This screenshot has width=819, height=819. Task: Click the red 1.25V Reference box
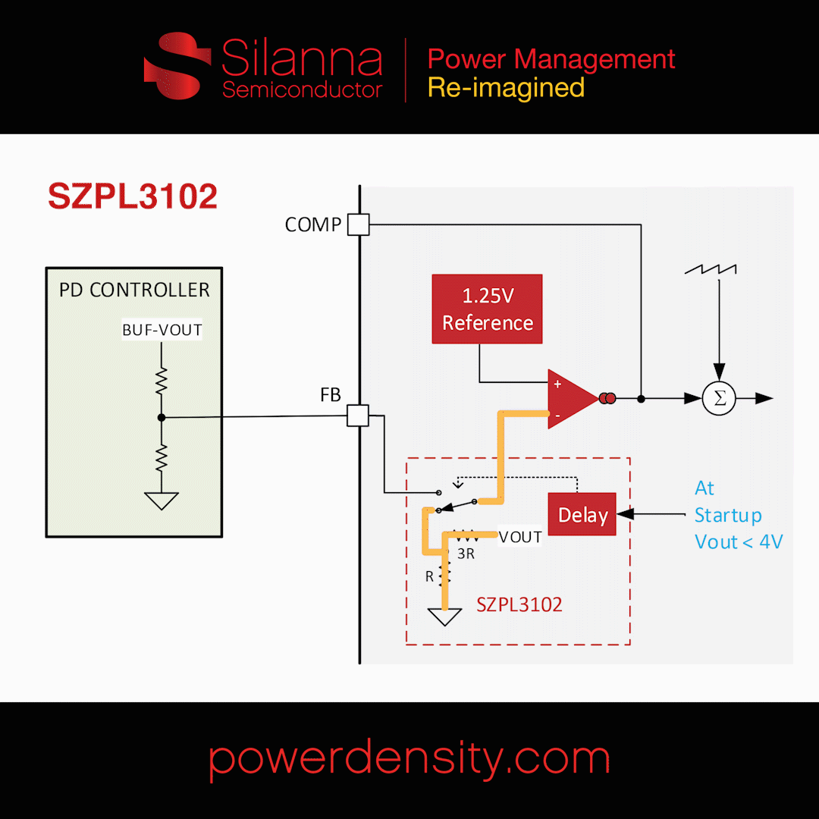(487, 309)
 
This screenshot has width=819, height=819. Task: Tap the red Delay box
(582, 515)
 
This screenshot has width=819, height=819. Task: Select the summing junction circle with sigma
(719, 399)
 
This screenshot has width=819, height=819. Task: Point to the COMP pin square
(358, 224)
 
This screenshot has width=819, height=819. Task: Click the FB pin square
(357, 416)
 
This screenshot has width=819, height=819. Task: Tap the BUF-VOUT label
(162, 330)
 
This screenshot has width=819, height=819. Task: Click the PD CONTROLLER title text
(134, 290)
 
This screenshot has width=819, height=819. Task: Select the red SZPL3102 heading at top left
(133, 197)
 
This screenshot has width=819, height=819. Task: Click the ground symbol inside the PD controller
(162, 500)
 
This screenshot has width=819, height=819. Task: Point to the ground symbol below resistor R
(444, 617)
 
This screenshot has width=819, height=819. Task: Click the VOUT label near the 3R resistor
(520, 537)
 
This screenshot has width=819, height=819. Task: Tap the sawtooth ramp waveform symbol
(711, 269)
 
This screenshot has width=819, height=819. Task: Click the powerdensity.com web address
(409, 758)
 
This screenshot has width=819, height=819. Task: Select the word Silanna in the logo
(302, 61)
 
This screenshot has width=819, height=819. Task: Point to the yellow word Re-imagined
(506, 88)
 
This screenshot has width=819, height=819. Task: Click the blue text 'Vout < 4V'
(739, 542)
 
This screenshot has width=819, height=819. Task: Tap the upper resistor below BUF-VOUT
(162, 381)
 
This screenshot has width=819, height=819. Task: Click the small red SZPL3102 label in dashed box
(519, 604)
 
